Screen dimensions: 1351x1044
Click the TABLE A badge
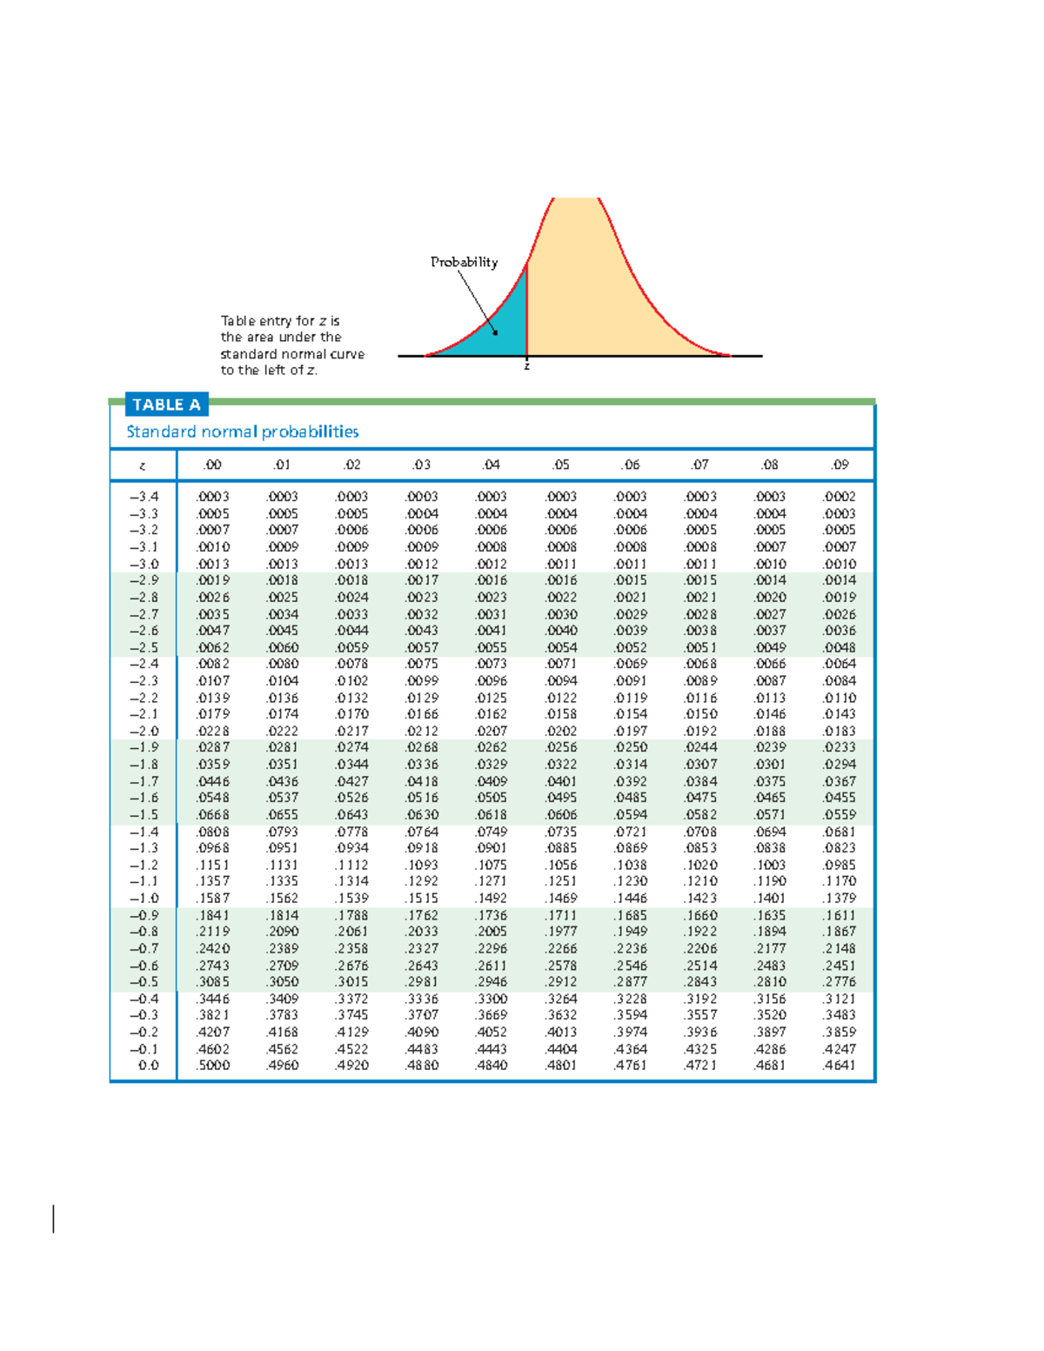point(166,405)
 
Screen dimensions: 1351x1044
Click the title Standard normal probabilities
point(243,431)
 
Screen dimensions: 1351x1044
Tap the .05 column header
point(561,465)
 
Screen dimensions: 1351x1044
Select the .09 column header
point(840,465)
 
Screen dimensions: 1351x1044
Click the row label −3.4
point(144,497)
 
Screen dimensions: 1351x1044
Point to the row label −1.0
point(144,898)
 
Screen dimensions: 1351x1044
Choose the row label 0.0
point(149,1065)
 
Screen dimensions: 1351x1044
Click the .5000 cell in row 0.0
point(213,1065)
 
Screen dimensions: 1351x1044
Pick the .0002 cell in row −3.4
point(840,497)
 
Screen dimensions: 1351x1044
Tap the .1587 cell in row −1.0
point(213,898)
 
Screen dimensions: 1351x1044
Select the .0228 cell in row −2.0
point(213,731)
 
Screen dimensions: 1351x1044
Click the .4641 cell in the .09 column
point(840,1065)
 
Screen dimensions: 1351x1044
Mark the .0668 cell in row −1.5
point(213,814)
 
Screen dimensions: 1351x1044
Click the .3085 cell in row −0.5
point(213,981)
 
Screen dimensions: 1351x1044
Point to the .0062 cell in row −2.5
point(213,647)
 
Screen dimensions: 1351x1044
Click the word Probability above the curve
point(464,262)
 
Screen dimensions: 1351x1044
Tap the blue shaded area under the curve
point(505,326)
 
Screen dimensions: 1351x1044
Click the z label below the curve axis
point(526,367)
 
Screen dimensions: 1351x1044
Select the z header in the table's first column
point(143,465)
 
